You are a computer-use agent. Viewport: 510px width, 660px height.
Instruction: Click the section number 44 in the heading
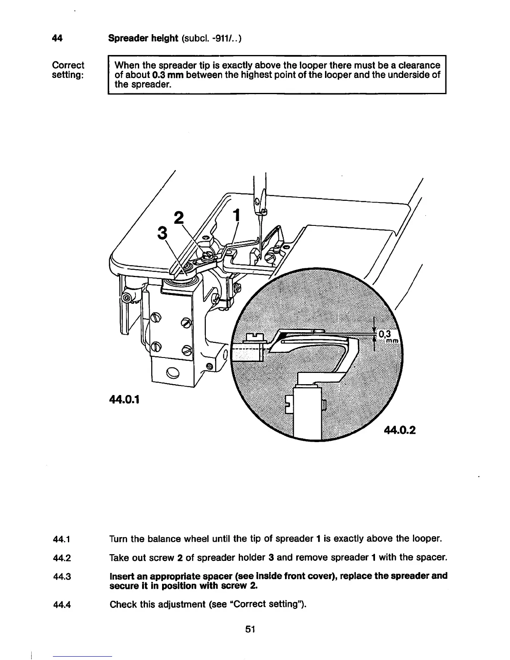coord(57,38)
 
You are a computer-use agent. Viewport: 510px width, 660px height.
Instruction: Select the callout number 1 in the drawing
coord(237,215)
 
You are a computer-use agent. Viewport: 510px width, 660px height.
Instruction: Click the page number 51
coord(250,629)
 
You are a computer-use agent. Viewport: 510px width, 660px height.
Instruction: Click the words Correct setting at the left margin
coord(68,70)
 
